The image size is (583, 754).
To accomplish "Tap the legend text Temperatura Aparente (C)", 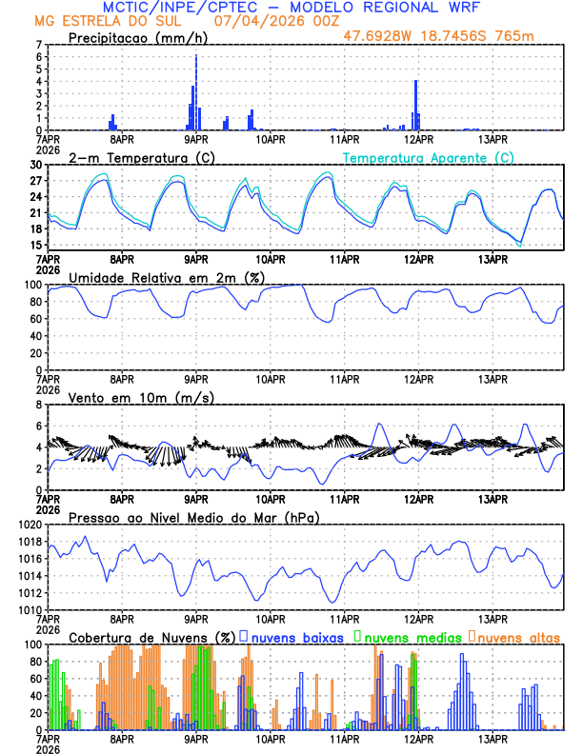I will tap(429, 157).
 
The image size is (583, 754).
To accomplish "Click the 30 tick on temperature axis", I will tap(35, 165).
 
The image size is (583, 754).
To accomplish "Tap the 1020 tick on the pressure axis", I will tap(30, 525).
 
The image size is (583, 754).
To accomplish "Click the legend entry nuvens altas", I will tap(519, 636).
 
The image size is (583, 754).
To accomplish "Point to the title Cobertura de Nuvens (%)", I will tap(151, 636).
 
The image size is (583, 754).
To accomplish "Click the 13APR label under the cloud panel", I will tap(493, 738).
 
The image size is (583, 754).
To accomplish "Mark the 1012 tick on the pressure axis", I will tap(30, 592).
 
